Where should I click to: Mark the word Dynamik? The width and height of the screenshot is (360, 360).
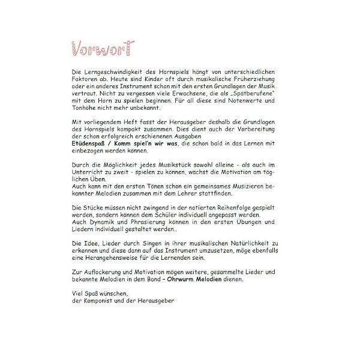click(98, 223)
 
